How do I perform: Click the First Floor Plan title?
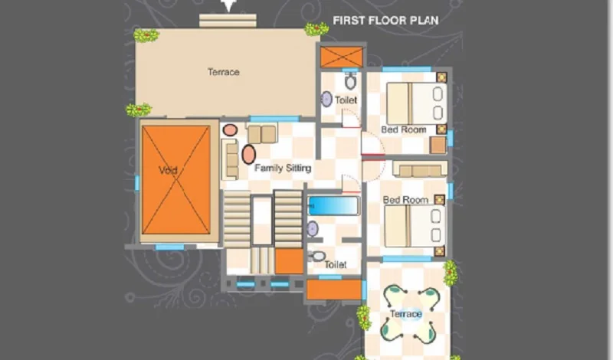tap(385, 21)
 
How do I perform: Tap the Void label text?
tap(168, 170)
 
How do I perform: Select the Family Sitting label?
tap(283, 168)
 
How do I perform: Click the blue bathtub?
tap(333, 205)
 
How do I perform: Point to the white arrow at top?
tap(228, 5)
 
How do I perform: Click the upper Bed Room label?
tap(404, 129)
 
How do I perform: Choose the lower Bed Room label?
tap(405, 200)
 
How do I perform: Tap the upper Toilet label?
tap(346, 100)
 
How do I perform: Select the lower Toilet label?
tap(336, 264)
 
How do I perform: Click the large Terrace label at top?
tap(223, 72)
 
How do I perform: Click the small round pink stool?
tap(230, 130)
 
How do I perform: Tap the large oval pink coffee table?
tap(248, 155)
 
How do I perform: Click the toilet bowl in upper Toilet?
tap(350, 81)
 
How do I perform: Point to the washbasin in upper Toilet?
tap(326, 100)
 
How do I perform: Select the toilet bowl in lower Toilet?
tap(316, 257)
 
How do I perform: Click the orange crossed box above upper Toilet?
tap(342, 57)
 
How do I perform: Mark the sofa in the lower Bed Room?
tap(420, 169)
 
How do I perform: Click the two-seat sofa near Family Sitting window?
tap(262, 133)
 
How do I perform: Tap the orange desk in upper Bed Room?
tap(438, 145)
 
